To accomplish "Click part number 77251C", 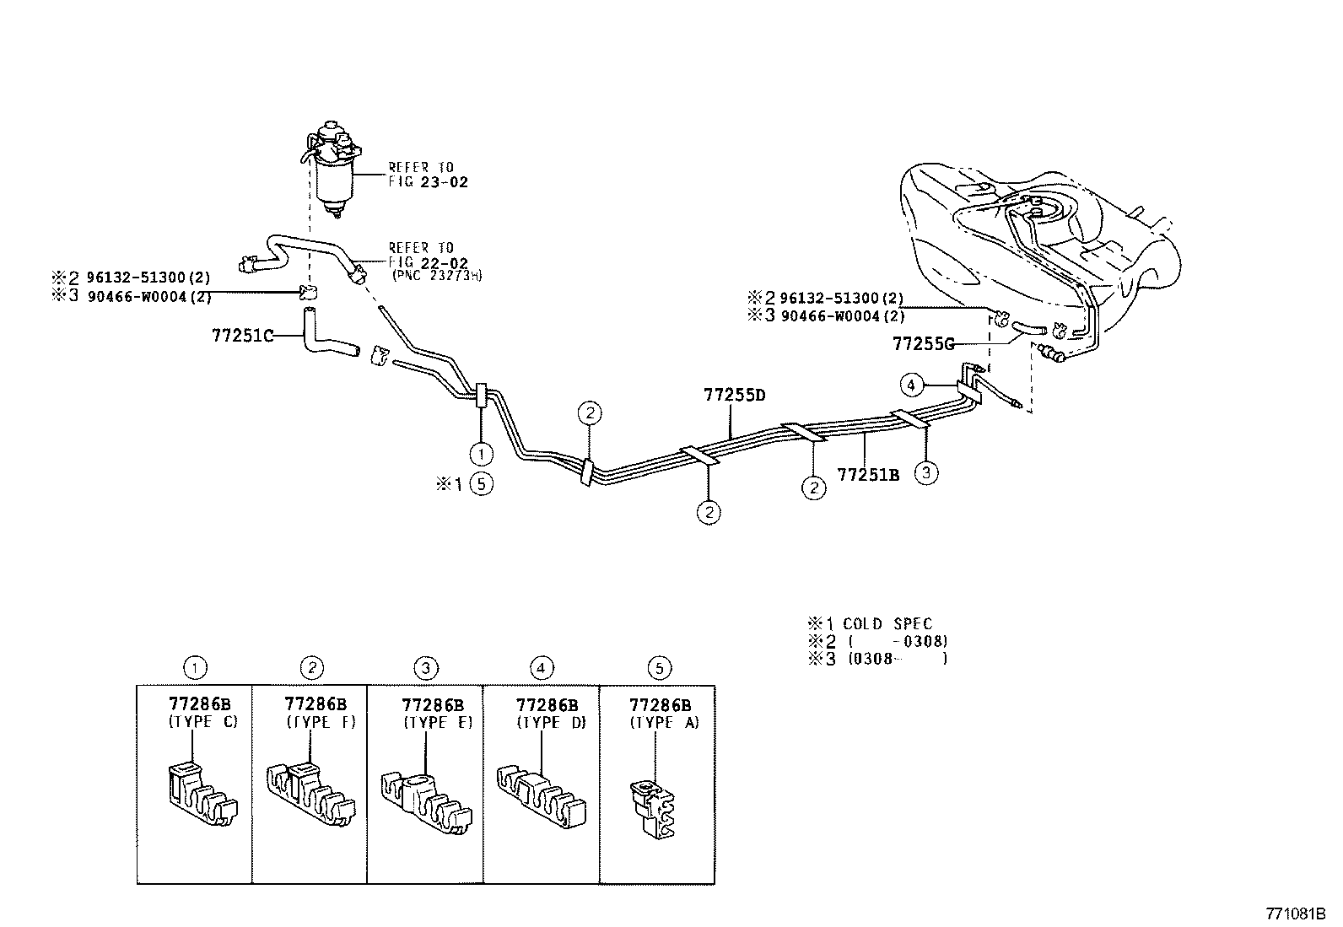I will [x=243, y=336].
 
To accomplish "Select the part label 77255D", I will [x=735, y=395].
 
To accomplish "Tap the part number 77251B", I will [x=867, y=475].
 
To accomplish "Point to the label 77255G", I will [x=923, y=344].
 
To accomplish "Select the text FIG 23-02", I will [x=428, y=181].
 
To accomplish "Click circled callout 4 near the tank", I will [x=910, y=385].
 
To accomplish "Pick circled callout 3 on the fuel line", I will [x=926, y=472].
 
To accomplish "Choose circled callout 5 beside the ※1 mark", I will [x=481, y=484].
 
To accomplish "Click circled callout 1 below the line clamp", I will [x=481, y=454].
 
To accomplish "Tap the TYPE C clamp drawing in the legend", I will [x=199, y=793].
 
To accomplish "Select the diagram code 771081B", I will [x=1297, y=914].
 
